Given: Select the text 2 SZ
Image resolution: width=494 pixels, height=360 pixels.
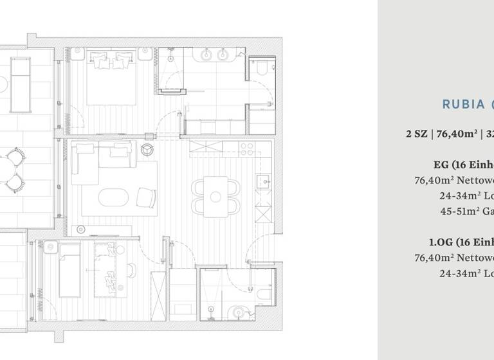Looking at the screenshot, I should pyautogui.click(x=416, y=134).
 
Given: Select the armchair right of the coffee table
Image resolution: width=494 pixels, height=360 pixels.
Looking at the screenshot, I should pyautogui.click(x=145, y=198).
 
